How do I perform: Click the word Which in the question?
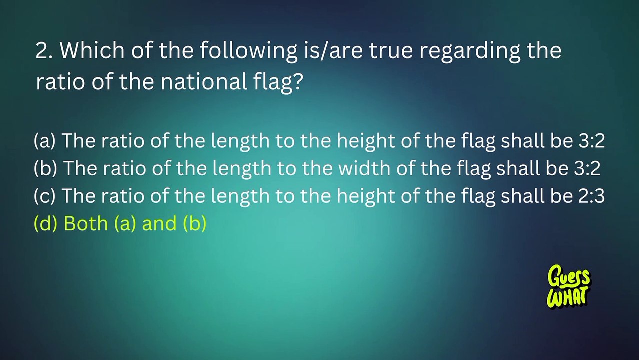(92, 50)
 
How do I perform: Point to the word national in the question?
(204, 81)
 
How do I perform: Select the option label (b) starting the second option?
(45, 168)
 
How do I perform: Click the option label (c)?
(44, 195)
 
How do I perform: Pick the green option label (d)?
(45, 223)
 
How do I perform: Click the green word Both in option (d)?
(86, 223)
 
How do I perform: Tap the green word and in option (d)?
(159, 223)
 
